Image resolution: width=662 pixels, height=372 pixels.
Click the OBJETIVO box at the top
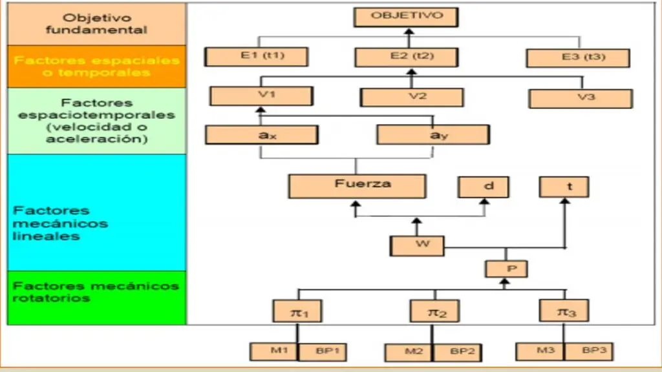tap(407, 17)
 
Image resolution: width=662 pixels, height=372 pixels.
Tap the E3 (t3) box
tap(577, 57)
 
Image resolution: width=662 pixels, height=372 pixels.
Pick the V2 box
tap(412, 97)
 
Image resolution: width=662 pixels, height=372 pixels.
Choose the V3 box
tap(580, 98)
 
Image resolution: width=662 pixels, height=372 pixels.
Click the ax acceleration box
tap(261, 134)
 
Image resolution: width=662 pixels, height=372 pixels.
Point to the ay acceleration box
tap(432, 134)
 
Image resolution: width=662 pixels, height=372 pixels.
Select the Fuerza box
tap(357, 186)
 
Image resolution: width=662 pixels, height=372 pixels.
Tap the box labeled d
tap(484, 187)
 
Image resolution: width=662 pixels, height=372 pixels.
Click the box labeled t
tap(564, 187)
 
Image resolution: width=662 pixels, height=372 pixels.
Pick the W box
tap(417, 245)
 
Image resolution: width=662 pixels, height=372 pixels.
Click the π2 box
tap(434, 311)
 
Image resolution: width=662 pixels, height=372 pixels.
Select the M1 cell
tap(274, 352)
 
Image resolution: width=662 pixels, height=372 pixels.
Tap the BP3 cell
tap(589, 352)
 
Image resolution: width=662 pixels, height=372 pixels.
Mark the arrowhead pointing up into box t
tap(564, 201)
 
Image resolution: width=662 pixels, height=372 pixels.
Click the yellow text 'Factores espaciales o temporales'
tap(96, 67)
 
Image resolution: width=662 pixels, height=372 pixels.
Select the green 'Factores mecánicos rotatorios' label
tap(96, 292)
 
